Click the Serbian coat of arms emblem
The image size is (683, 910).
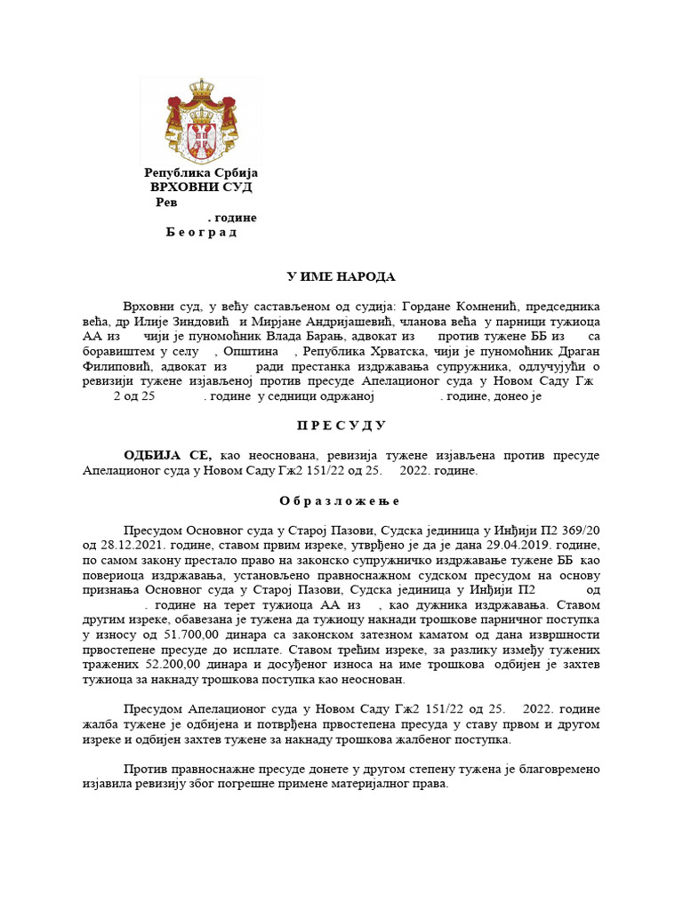click(x=201, y=119)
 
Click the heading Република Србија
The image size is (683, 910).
click(x=201, y=172)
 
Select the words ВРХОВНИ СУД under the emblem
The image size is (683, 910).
click(x=201, y=188)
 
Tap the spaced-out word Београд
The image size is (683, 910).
click(x=201, y=233)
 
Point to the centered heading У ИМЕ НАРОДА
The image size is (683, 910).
click(x=341, y=277)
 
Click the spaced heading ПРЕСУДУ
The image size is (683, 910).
click(x=341, y=426)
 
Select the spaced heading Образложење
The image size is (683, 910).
click(x=341, y=500)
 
